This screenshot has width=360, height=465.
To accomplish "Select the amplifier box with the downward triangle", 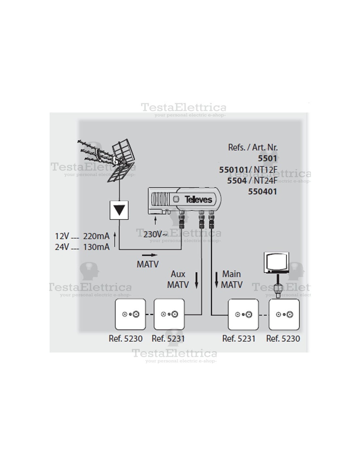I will coord(119,210).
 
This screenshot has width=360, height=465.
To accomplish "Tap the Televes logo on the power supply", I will coord(198,199).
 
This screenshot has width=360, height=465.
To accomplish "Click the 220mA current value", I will coord(96,236).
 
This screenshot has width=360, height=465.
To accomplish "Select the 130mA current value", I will coord(96,247).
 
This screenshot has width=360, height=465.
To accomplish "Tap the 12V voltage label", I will coord(62,236).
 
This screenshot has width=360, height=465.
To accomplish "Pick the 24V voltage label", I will coord(62,247).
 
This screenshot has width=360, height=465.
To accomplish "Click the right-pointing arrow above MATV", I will coord(150,255).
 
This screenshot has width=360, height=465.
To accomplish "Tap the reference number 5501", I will coord(267,159).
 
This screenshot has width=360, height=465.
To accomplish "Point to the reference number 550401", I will coord(262,192).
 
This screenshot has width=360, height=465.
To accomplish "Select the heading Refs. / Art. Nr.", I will coord(253,147).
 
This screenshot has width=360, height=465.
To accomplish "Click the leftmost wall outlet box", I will coord(130,314).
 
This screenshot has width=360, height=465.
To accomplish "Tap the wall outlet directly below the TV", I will coord(284,314).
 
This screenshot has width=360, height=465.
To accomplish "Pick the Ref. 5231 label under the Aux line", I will coord(168,338).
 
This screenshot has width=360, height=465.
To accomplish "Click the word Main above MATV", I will coord(231,274).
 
